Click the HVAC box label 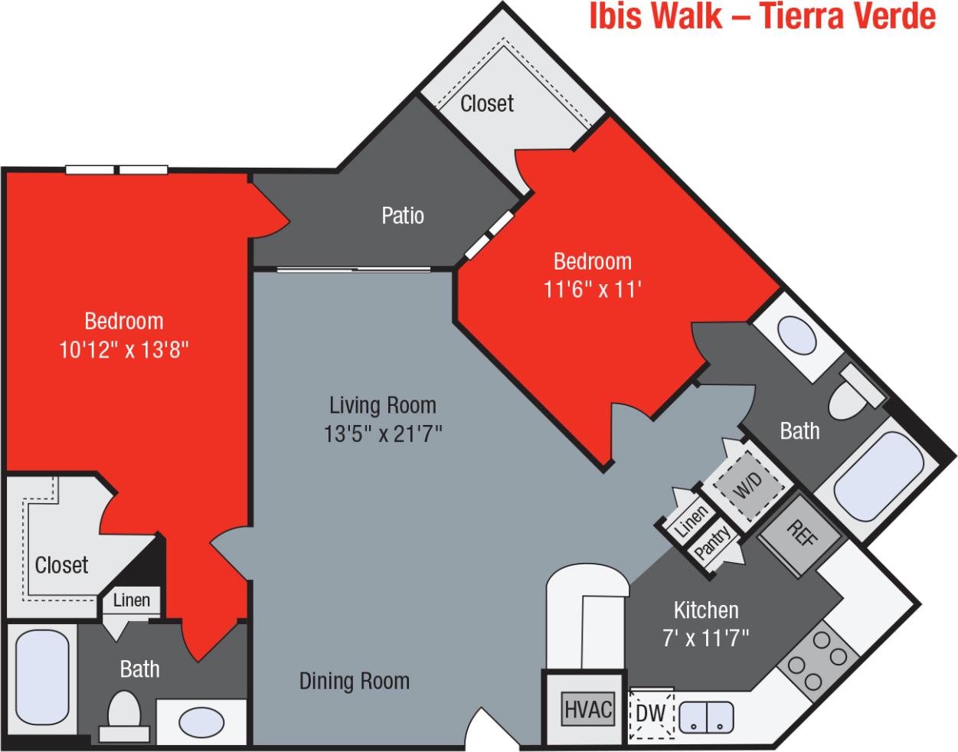tap(588, 709)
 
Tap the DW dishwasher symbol tap(651, 714)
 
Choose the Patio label tap(403, 216)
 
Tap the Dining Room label tap(354, 681)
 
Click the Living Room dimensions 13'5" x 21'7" tap(383, 434)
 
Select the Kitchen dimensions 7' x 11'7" tap(705, 637)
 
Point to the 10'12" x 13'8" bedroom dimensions tap(124, 350)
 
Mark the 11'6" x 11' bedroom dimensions tap(592, 289)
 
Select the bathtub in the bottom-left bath tap(43, 681)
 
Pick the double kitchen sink tap(706, 716)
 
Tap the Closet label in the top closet tap(487, 103)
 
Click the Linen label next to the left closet tap(132, 600)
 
